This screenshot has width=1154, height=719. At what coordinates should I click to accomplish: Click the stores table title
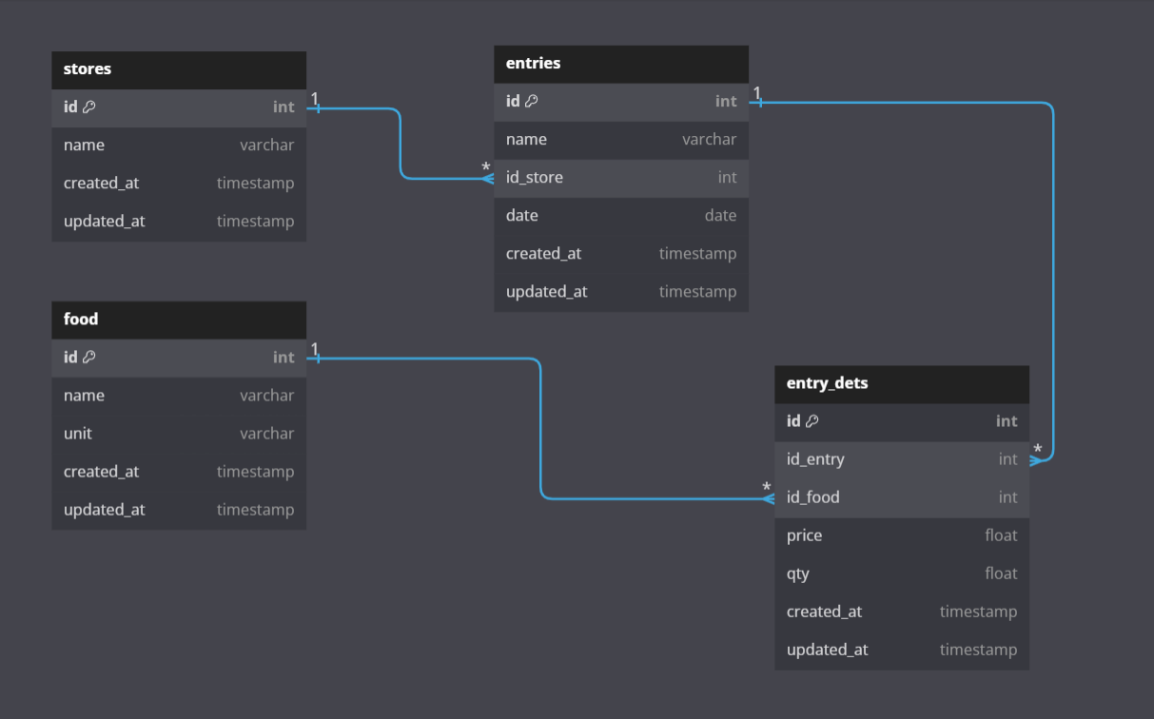[x=88, y=69]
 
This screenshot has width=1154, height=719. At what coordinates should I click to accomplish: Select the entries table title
[x=533, y=64]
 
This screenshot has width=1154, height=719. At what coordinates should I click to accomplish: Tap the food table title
[x=81, y=320]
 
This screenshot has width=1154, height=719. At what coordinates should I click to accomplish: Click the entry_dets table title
[x=827, y=383]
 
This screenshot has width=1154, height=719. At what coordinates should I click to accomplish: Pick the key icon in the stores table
[x=89, y=107]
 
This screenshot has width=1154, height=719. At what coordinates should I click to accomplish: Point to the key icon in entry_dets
[x=812, y=421]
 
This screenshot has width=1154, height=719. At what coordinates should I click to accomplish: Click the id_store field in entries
[x=535, y=178]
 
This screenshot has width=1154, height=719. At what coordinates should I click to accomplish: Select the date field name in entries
[x=522, y=216]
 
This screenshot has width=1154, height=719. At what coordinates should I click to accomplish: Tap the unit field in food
[x=78, y=434]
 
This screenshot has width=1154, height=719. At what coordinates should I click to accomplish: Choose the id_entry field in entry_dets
[x=815, y=459]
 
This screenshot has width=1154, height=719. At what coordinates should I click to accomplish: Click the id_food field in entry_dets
[x=813, y=497]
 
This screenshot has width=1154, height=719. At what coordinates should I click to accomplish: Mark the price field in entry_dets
[x=804, y=535]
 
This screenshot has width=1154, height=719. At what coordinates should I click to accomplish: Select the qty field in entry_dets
[x=798, y=573]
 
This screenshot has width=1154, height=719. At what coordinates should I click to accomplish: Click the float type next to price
[x=1001, y=535]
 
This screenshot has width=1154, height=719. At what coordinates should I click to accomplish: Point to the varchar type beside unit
[x=266, y=434]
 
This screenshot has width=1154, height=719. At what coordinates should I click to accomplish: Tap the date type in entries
[x=720, y=216]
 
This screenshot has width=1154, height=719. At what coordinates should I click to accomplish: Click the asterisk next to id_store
[x=486, y=168]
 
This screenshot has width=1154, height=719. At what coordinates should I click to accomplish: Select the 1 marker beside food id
[x=315, y=349]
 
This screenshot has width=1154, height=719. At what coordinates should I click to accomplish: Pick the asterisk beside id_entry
[x=1038, y=450]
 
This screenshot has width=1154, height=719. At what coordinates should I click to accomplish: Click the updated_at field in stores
[x=105, y=222]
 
